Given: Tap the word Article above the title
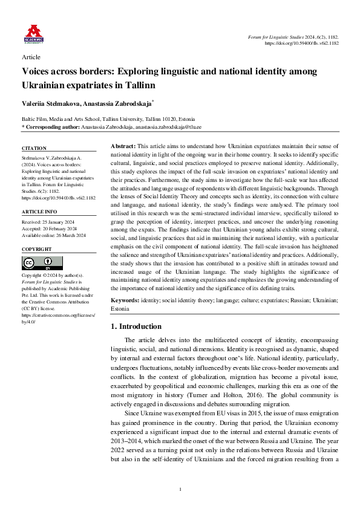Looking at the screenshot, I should [30, 57].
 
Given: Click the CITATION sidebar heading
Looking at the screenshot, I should [33, 148].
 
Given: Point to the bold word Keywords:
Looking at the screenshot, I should [127, 300].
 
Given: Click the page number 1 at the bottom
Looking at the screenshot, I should [180, 488].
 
